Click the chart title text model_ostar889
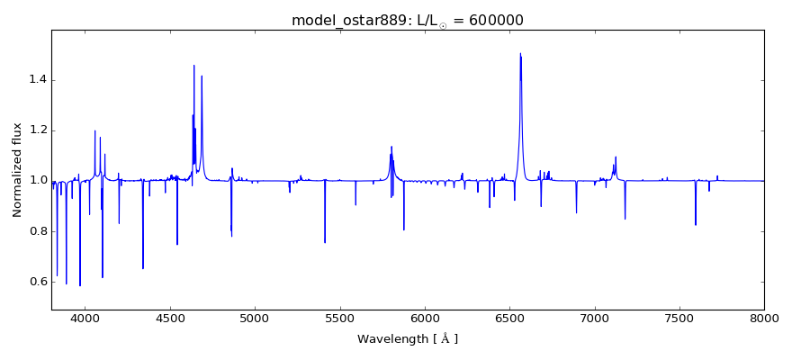tap(347, 21)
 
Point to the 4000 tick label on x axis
tap(85, 318)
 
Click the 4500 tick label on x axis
tap(170, 318)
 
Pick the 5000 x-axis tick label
tap(255, 318)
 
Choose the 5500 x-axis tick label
tap(340, 318)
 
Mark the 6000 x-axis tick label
tap(425, 318)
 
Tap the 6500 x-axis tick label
tap(509, 318)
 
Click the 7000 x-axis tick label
tap(595, 318)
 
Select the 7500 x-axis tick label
tap(679, 318)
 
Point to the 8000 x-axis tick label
tap(764, 318)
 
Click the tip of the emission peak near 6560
tap(520, 53)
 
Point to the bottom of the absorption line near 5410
tap(325, 242)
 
